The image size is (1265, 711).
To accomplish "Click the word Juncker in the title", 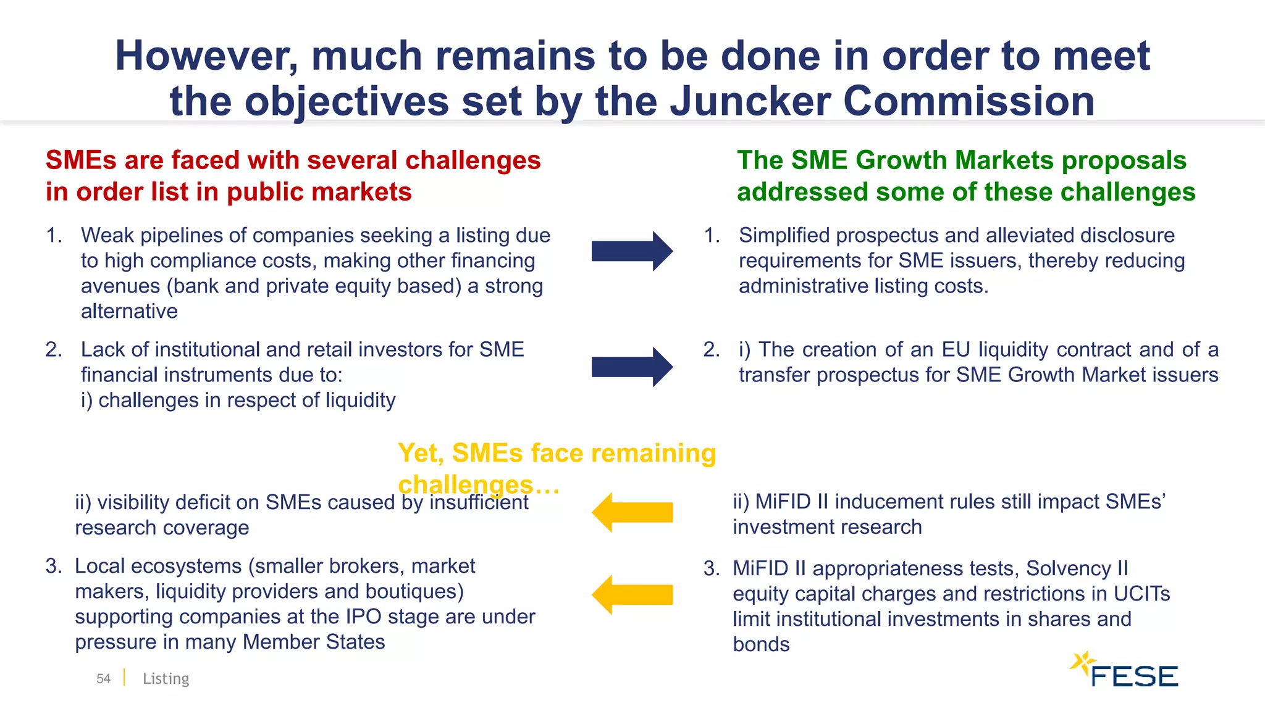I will (749, 101).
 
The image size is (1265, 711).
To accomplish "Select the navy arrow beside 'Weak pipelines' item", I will (632, 251).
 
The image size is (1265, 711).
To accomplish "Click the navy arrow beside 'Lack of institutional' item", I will (632, 367).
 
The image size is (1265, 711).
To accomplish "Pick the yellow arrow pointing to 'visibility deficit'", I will (632, 512).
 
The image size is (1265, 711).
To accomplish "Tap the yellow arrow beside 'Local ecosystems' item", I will (632, 594).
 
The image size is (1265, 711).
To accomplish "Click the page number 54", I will (103, 678).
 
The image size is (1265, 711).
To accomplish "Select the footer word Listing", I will (166, 678).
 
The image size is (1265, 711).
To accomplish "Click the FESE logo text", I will (1134, 676).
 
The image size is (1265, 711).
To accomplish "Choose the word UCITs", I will (1141, 593).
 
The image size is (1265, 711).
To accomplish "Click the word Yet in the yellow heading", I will (420, 453).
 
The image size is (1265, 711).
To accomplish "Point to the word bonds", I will (761, 644).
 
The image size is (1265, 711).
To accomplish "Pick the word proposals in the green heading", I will (1124, 160).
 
